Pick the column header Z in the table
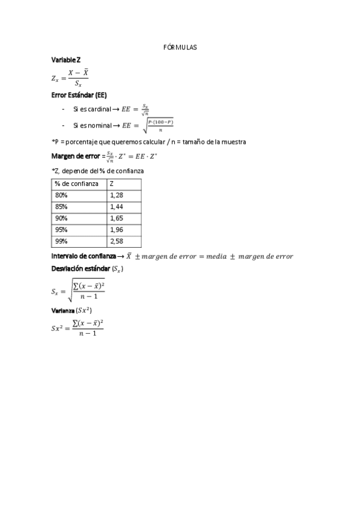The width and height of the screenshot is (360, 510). [112, 183]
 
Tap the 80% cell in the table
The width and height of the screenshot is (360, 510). [61, 195]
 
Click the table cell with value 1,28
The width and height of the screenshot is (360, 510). [117, 195]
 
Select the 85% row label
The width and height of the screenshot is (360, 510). [61, 207]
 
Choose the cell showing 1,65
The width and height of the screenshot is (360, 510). [117, 218]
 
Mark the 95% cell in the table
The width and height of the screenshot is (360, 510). [61, 230]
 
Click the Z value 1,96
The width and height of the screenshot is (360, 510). [117, 230]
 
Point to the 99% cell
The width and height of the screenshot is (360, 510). [61, 242]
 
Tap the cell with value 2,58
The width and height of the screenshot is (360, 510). [117, 242]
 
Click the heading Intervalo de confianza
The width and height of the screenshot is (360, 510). [84, 257]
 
